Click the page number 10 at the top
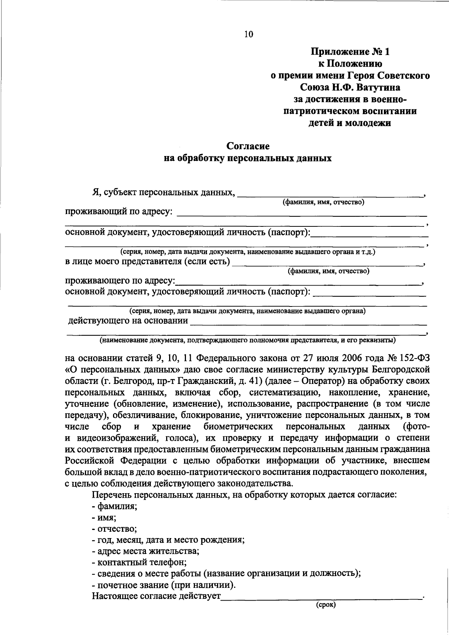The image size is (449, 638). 248,35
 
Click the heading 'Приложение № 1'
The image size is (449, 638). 350,52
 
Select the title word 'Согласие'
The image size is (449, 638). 248,146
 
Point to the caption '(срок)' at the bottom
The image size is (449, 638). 326,604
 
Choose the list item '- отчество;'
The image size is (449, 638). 114,529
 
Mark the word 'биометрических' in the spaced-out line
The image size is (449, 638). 238,427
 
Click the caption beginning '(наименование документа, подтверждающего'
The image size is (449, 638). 247,341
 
